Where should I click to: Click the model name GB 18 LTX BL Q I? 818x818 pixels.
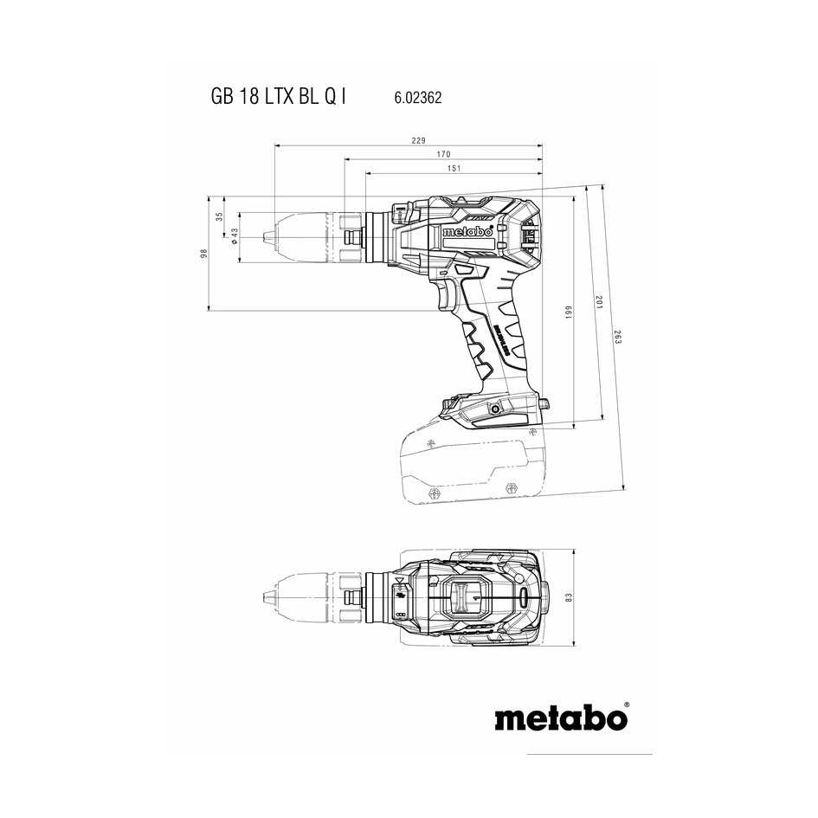[279, 97]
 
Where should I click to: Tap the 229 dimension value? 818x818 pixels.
[418, 140]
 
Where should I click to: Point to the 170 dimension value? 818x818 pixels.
[443, 154]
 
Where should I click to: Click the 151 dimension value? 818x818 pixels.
[454, 168]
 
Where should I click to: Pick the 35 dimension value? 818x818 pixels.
[219, 216]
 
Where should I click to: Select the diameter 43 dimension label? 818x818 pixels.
[234, 235]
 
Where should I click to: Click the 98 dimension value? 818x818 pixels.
[204, 253]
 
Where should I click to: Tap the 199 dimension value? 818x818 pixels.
[569, 312]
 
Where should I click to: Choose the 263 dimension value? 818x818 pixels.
[617, 337]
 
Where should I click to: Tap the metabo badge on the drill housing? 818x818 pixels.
[467, 232]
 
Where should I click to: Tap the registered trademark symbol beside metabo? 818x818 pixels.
[627, 705]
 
